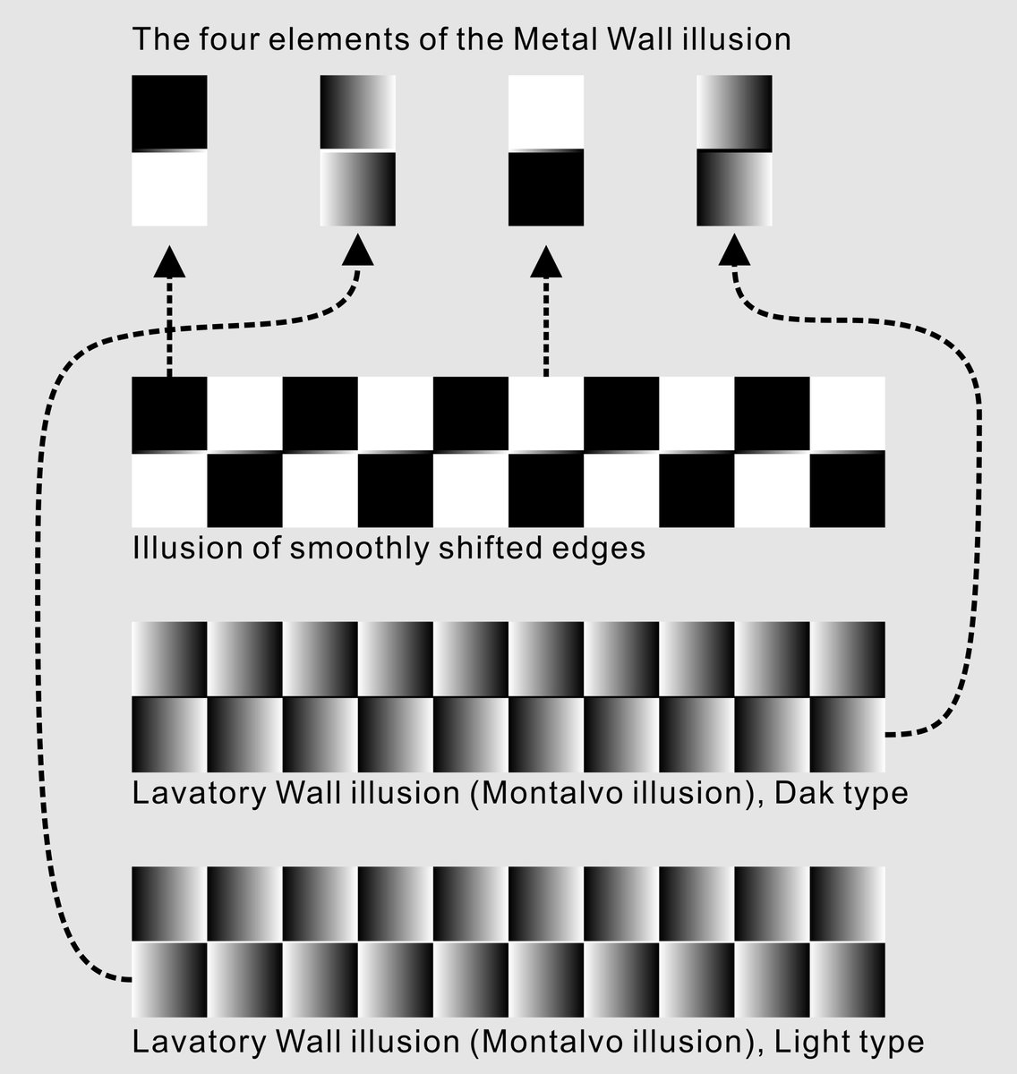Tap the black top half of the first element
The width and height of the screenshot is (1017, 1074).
[169, 111]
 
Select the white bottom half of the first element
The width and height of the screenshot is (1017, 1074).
[169, 188]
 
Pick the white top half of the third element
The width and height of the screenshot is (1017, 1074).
[546, 111]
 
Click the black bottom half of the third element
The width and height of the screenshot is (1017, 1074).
[546, 188]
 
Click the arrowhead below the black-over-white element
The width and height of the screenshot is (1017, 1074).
[169, 261]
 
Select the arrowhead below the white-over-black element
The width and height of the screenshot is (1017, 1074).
[546, 261]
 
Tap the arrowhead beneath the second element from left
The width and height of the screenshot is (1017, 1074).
[359, 250]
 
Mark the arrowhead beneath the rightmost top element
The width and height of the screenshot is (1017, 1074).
[734, 250]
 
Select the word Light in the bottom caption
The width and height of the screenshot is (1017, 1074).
[806, 1042]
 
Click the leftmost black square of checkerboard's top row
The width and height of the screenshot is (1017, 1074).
[169, 413]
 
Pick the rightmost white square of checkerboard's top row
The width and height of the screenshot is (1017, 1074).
[847, 413]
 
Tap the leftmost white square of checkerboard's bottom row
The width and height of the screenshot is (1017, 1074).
[169, 490]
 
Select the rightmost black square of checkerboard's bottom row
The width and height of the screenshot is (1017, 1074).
[847, 490]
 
